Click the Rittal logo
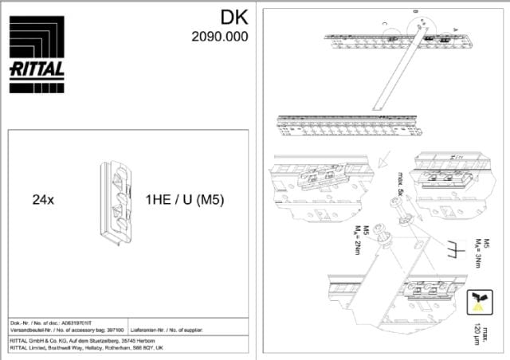click(37, 49)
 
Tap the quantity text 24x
click(43, 200)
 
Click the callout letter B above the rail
click(415, 11)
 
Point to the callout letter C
click(385, 25)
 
